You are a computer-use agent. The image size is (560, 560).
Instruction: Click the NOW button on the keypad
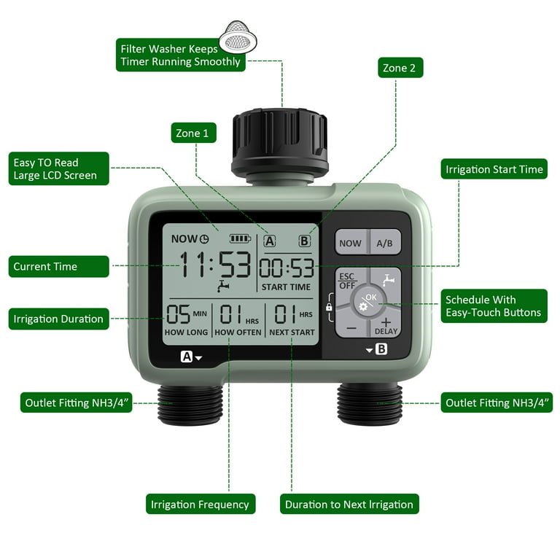pos(351,243)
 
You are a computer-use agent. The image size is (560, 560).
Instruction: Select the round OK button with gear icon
pos(368,302)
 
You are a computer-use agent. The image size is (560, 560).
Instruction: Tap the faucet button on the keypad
pos(388,280)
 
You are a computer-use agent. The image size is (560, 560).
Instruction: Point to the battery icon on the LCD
pos(240,238)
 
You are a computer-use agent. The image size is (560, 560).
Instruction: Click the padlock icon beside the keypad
pos(329,307)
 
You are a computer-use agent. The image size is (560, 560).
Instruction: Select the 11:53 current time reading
pos(214,264)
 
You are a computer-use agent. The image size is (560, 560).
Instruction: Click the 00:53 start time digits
pos(287,268)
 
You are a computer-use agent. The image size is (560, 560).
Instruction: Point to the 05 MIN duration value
pos(187,314)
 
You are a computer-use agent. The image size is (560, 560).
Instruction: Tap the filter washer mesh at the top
pos(238,36)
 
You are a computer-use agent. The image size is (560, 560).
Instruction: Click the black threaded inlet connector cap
pos(280,145)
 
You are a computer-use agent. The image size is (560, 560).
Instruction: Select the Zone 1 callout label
pos(193,133)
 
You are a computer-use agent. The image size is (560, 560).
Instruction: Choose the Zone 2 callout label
pos(400,68)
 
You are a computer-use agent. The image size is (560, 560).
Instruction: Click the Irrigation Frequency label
pos(201,504)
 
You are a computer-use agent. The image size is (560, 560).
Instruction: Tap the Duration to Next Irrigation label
pos(349,504)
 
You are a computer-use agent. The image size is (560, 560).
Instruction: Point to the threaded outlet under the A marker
pos(190,404)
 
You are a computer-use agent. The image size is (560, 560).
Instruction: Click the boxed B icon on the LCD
pos(304,241)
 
